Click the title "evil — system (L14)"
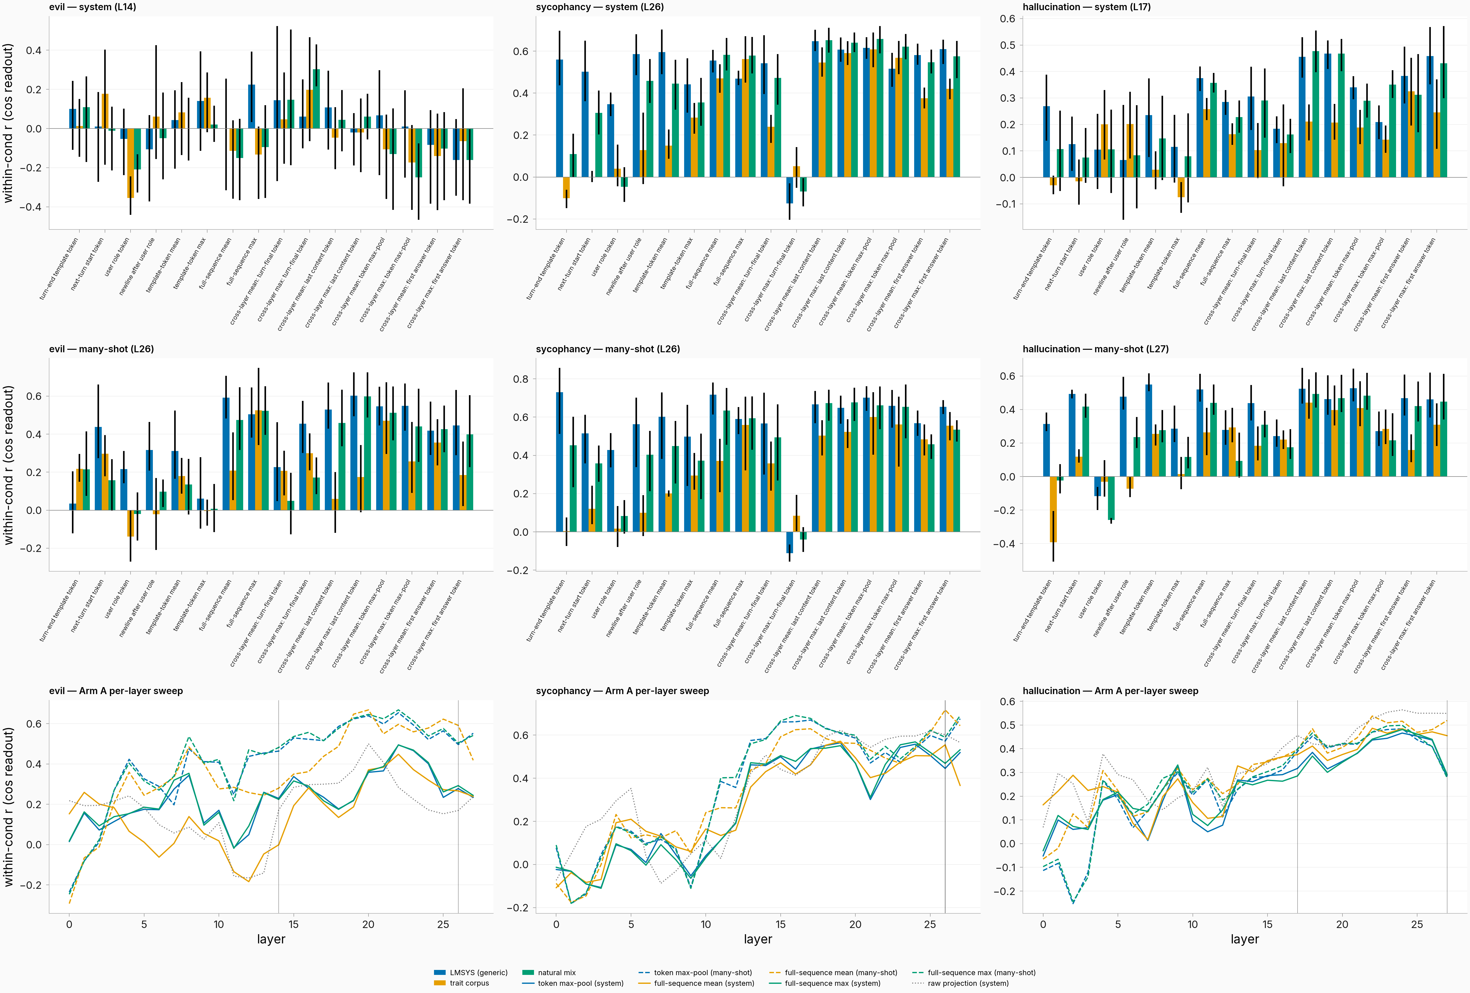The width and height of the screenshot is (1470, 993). pyautogui.click(x=92, y=7)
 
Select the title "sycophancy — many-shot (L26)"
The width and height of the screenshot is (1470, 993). pyautogui.click(x=608, y=349)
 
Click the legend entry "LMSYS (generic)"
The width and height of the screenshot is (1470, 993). pyautogui.click(x=470, y=973)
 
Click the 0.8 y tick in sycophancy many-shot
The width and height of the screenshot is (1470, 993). pyautogui.click(x=521, y=380)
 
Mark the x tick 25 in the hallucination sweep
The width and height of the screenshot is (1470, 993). pyautogui.click(x=1417, y=924)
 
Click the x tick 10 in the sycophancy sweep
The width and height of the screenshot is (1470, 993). pyautogui.click(x=706, y=924)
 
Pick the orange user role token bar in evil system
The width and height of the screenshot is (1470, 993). pyautogui.click(x=130, y=163)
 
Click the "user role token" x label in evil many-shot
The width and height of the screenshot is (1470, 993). pyautogui.click(x=117, y=598)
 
